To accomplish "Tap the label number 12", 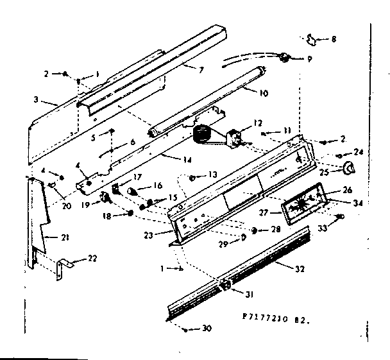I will click(x=258, y=122).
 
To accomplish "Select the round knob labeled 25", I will click(x=350, y=168).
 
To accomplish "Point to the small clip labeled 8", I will click(x=312, y=40).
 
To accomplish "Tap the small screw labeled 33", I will click(x=340, y=218).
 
